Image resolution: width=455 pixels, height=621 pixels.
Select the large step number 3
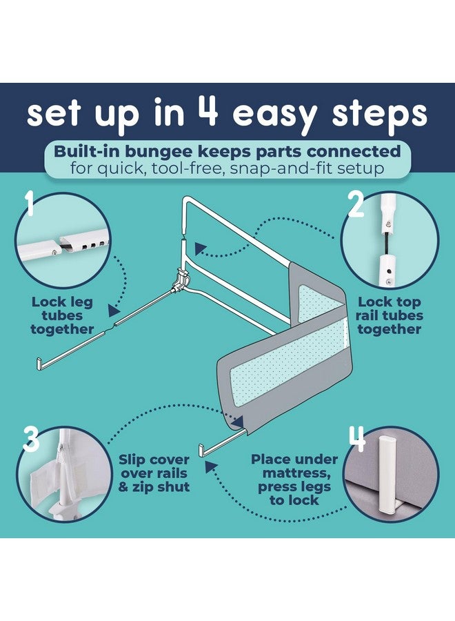coord(31,439)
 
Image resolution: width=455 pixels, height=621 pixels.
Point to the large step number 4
coord(357,439)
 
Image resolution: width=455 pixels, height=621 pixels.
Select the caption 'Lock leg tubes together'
coord(62,315)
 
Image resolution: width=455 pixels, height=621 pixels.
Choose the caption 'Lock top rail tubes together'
coord(390,315)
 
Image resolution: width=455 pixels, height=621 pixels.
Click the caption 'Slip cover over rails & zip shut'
coord(154,473)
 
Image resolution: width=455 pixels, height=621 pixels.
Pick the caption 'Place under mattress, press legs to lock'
coord(294,480)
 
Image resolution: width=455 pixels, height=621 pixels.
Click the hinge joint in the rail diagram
coord(181,279)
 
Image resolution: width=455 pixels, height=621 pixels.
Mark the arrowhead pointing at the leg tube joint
coord(114,310)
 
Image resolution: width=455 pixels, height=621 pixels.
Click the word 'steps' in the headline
coord(381,115)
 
